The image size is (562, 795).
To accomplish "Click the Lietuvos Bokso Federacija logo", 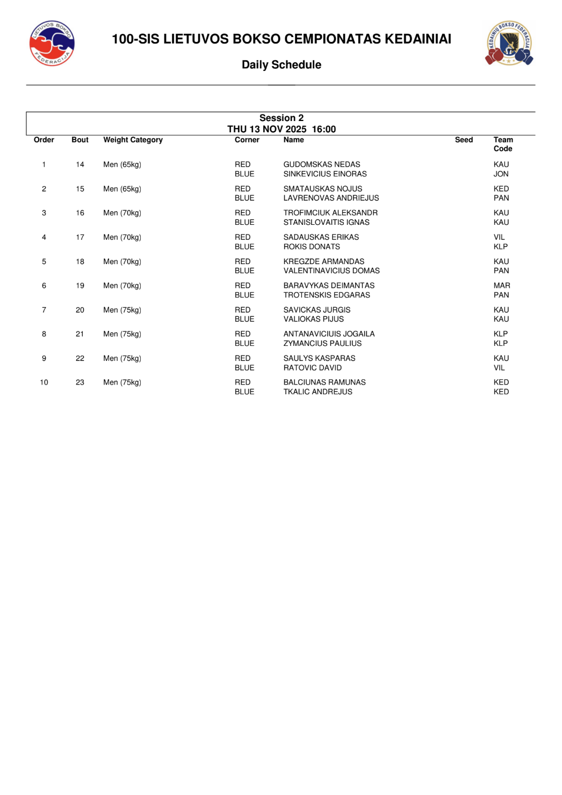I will point(52,44).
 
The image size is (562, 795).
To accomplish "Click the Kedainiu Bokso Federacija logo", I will point(509,43).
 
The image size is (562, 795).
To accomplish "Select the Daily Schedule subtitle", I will point(281,65).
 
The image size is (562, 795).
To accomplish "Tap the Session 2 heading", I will point(281,118).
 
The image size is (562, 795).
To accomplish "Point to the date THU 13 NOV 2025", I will point(267,129).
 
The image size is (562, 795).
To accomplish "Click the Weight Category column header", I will point(133,140).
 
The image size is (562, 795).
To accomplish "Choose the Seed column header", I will point(464,140).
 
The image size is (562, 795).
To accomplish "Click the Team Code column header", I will point(503,144).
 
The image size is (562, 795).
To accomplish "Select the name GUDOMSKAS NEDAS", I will point(321,165).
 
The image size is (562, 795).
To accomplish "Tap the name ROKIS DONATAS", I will point(312,247).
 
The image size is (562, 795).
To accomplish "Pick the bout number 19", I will point(80,286).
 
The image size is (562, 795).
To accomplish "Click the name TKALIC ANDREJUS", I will point(318,392).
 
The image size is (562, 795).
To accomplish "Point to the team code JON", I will point(501,174).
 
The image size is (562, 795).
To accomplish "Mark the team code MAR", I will point(502,286).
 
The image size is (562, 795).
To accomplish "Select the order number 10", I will point(44,382).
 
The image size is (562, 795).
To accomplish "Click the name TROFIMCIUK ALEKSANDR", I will point(330,213).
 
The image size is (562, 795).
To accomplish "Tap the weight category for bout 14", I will point(122,165).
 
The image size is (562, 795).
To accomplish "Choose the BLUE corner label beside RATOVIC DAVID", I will point(244,368).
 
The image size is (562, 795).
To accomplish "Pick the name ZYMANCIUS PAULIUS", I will point(322,344).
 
